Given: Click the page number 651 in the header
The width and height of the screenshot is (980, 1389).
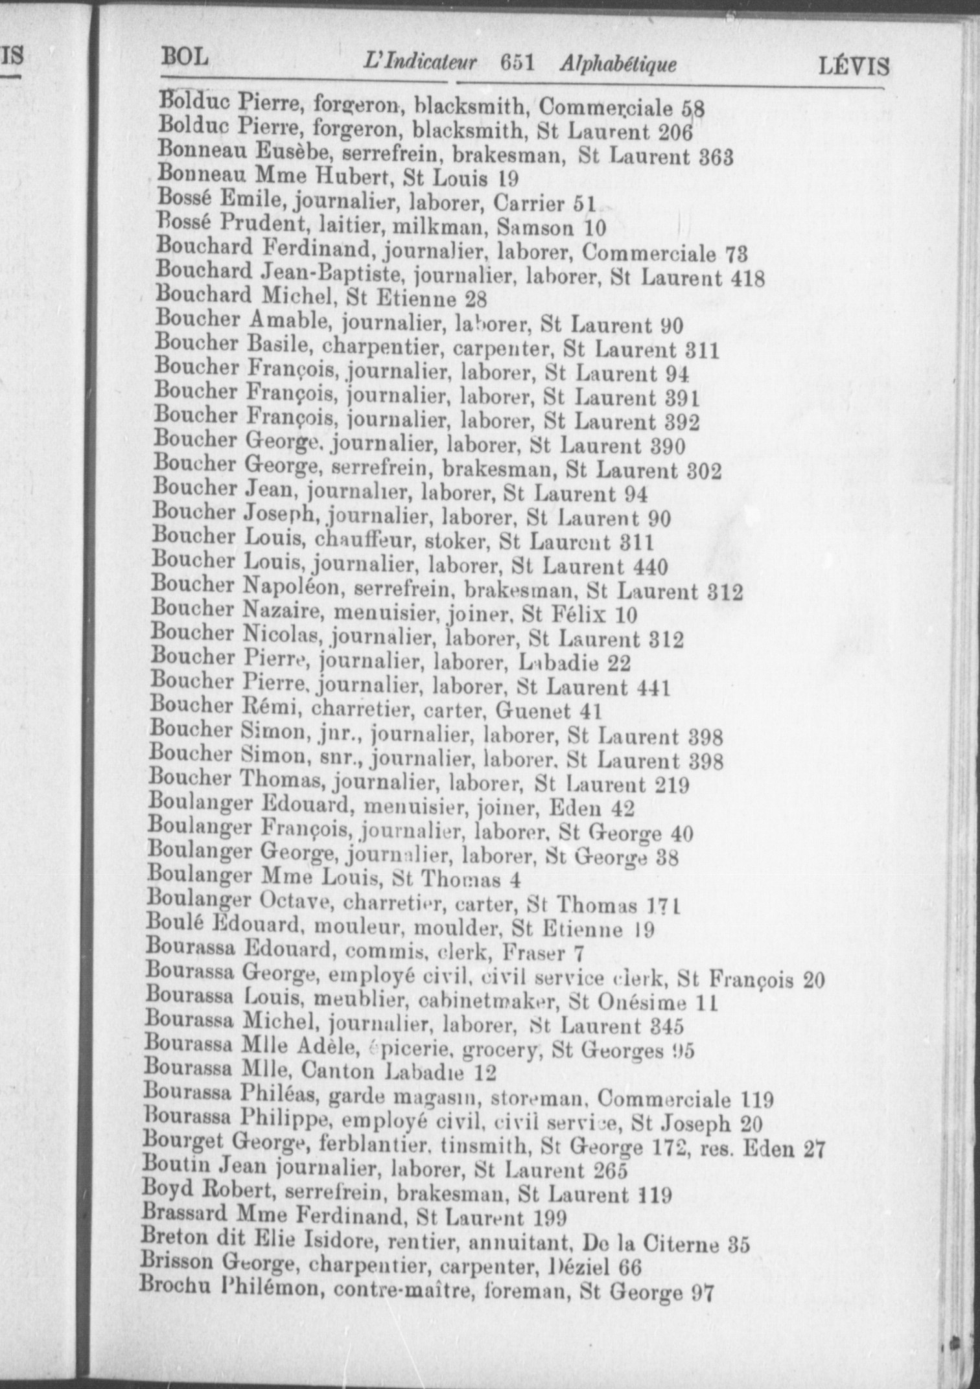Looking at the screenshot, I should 517,63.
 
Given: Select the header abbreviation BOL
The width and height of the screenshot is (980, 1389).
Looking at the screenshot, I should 185,57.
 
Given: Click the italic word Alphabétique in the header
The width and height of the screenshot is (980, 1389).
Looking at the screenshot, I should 618,63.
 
